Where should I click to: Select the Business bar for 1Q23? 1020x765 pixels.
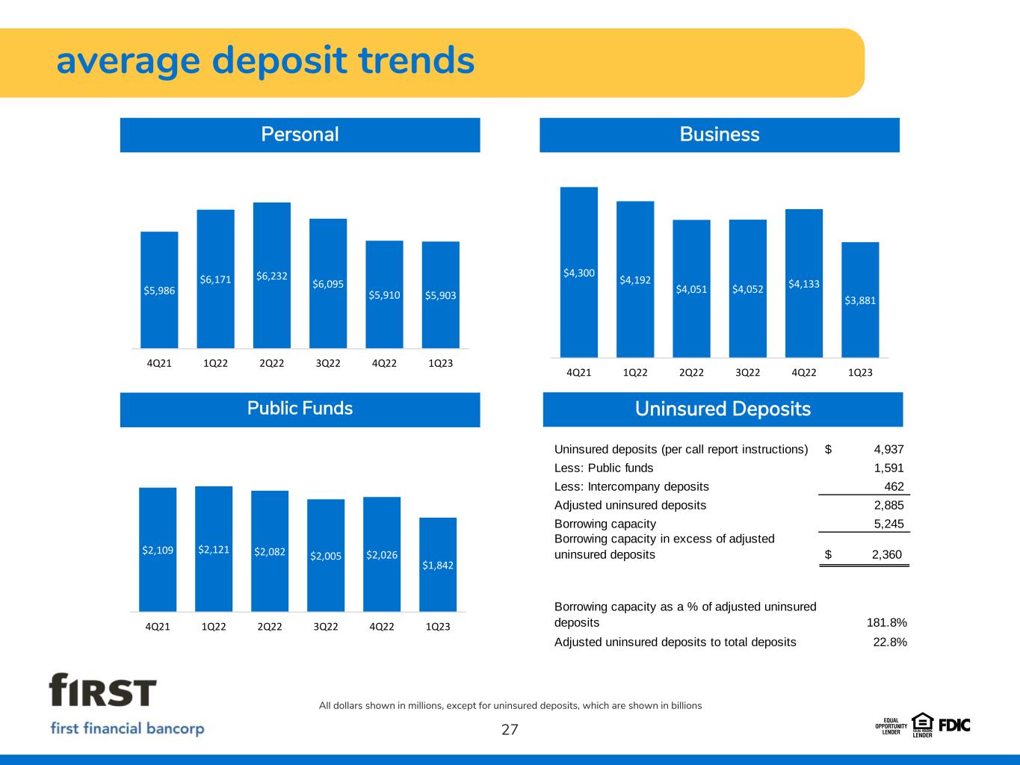click(x=860, y=300)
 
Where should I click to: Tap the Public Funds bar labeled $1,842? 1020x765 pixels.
click(x=438, y=564)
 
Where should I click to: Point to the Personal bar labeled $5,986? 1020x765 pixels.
click(x=159, y=290)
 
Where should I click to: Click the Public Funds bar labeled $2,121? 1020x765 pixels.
click(x=214, y=549)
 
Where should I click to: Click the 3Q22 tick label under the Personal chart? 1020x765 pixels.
click(x=328, y=363)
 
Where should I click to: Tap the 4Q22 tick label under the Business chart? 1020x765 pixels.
click(x=804, y=372)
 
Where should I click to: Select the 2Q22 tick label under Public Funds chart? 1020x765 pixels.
click(x=270, y=626)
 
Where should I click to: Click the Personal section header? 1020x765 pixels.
click(x=300, y=134)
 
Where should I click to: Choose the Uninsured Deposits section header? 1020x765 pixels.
click(x=723, y=409)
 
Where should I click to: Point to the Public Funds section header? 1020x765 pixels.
click(x=300, y=409)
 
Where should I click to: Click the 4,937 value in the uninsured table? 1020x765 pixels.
click(x=888, y=450)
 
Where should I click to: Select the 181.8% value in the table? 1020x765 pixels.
click(x=888, y=622)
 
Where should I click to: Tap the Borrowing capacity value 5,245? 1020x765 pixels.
click(x=888, y=524)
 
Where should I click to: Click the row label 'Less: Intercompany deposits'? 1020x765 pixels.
click(x=631, y=486)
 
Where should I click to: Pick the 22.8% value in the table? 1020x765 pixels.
click(x=890, y=642)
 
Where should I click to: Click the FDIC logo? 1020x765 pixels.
click(x=953, y=724)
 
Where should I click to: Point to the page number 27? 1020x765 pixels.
click(x=510, y=730)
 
